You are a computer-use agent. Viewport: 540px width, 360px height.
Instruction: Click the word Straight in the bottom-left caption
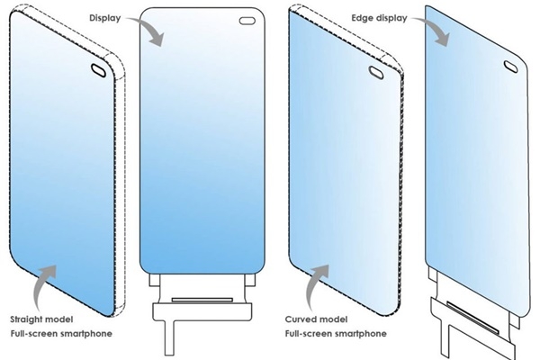[28, 319]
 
